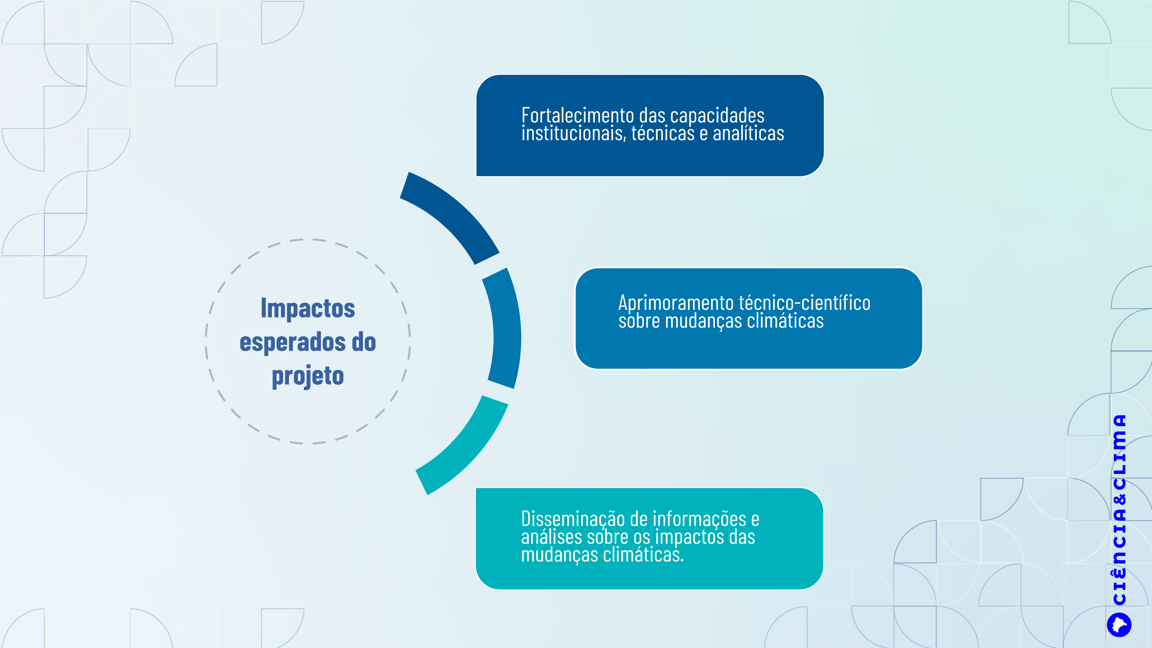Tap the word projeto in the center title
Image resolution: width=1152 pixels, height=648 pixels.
308,376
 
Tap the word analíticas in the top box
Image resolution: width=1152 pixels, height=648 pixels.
748,133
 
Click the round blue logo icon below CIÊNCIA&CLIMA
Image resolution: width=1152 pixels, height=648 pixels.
1119,625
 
